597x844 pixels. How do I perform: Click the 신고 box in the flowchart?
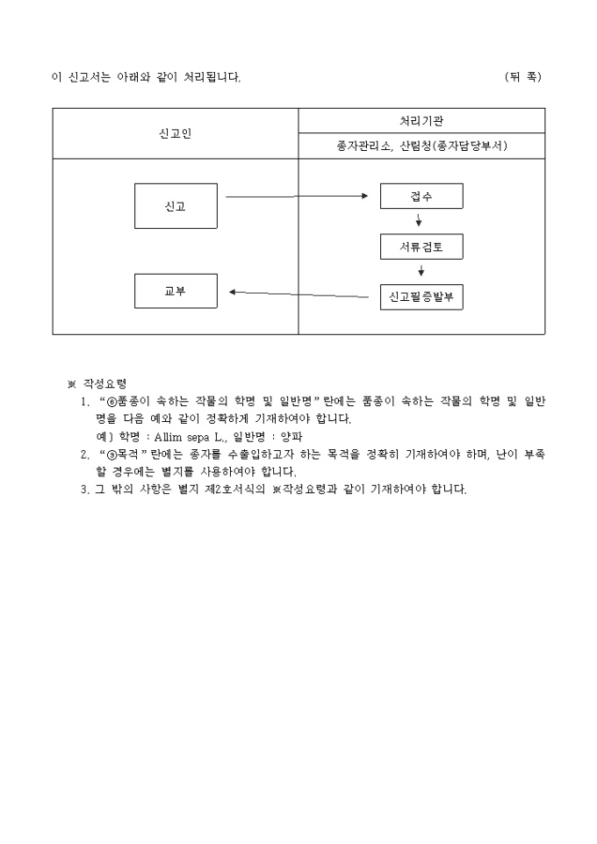coord(176,206)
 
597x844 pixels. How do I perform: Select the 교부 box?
coord(176,290)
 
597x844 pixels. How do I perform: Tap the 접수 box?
coord(421,197)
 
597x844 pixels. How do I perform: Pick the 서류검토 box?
coord(421,247)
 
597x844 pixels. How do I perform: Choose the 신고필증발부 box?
coord(421,297)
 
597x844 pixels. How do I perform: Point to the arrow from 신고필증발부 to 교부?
coord(298,294)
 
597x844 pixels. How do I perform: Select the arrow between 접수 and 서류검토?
coord(420,219)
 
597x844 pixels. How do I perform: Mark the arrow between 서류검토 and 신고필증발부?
coord(421,270)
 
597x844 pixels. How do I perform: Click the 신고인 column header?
coord(176,133)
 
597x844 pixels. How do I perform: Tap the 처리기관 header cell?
coord(421,121)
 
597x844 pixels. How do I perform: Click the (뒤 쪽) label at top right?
coord(523,77)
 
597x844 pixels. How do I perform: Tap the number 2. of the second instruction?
coord(84,454)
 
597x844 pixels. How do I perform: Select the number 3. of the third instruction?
coord(84,489)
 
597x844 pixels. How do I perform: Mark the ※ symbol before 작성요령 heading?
coord(72,383)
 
